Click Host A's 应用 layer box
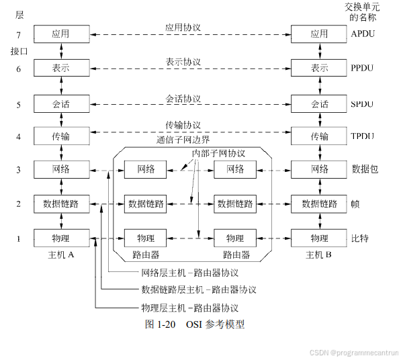61,33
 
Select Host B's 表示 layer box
319,68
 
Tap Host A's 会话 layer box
61,104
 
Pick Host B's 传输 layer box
319,137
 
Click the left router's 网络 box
146,169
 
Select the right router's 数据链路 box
234,204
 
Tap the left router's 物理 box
146,238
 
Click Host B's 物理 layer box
319,238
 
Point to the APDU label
363,33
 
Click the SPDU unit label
363,104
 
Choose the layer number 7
19,33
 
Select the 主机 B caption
319,255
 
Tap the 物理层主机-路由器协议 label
189,308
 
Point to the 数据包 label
365,169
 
